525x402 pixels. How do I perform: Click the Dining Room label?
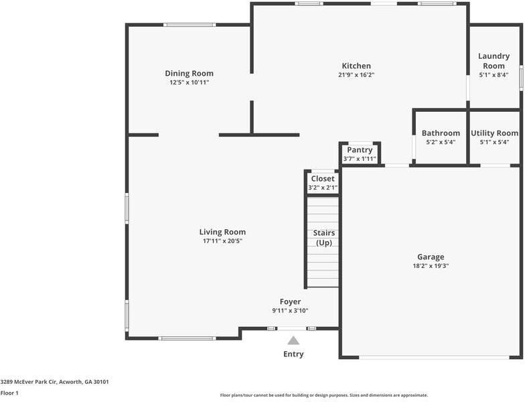[x=189, y=74]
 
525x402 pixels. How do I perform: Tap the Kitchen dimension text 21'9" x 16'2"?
[x=356, y=75]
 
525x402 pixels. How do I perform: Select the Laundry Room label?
[x=494, y=61]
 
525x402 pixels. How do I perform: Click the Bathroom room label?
[x=441, y=133]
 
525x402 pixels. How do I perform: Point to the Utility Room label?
[x=494, y=133]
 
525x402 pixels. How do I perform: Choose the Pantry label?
[x=360, y=150]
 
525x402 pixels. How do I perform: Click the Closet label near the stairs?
[x=322, y=179]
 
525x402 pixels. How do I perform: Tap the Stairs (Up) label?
[x=324, y=238]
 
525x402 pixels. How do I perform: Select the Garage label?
[x=431, y=257]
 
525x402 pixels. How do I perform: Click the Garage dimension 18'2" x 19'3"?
[x=431, y=266]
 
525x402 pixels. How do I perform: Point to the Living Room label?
[x=222, y=232]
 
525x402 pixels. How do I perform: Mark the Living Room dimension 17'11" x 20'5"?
[x=222, y=241]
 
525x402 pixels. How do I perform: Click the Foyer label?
[x=290, y=301]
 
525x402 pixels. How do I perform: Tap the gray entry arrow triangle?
[x=293, y=340]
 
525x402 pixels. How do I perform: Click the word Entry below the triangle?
[x=293, y=354]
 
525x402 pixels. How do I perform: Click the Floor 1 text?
[x=9, y=393]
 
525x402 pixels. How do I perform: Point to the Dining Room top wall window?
[x=190, y=25]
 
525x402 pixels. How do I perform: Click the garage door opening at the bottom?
[x=430, y=356]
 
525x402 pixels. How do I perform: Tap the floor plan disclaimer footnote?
[x=323, y=395]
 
